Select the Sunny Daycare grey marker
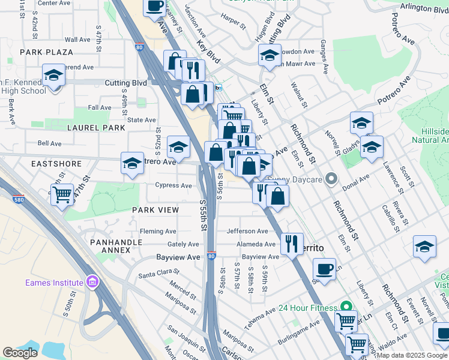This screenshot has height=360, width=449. click(x=330, y=178)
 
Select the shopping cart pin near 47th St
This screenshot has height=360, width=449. click(x=62, y=194)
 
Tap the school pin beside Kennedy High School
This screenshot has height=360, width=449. click(x=53, y=76)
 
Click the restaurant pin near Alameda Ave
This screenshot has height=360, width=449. click(x=292, y=244)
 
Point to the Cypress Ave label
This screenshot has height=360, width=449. click(x=173, y=185)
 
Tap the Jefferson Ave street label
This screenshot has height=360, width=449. click(x=247, y=231)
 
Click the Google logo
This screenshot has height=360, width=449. click(x=20, y=353)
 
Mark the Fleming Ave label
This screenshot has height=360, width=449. click(x=158, y=231)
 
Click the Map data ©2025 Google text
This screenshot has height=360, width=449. click(x=412, y=355)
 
